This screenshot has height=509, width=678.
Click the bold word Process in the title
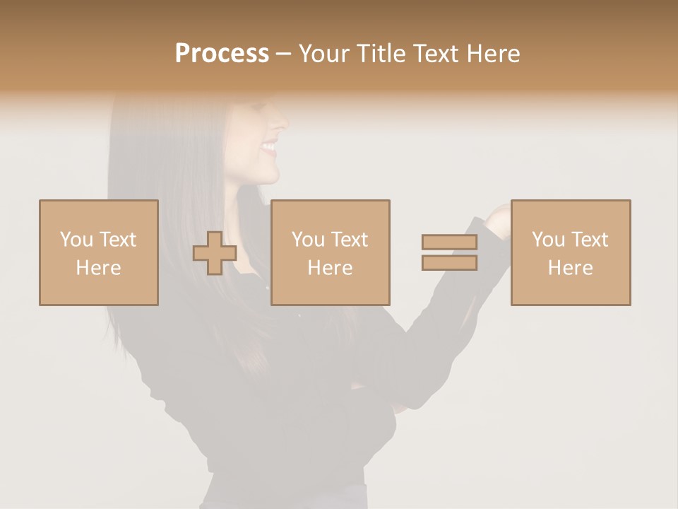coord(222,54)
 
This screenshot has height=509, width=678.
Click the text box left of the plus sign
coord(98,252)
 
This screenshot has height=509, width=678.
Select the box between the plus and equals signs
coord(330,252)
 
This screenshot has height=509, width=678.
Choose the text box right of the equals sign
coord(570,252)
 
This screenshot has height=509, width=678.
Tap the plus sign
coord(215,253)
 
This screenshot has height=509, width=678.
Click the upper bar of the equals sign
coord(449,242)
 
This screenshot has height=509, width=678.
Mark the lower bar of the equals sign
coord(449,262)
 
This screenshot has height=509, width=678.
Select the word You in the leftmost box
coord(76,239)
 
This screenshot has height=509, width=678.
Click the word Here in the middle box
coord(330,268)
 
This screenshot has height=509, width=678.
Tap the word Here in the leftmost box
coord(98,268)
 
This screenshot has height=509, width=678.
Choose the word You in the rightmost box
coord(548,239)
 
